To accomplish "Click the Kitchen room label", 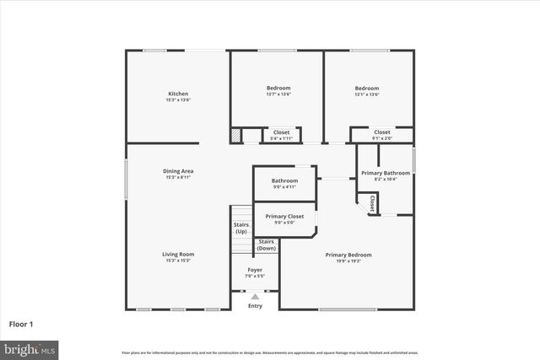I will click(178, 94).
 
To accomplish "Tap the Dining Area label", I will click(178, 171).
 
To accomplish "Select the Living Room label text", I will click(178, 254).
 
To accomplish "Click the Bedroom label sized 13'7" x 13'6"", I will click(278, 89).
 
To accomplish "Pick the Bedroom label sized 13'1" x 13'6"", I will click(366, 89).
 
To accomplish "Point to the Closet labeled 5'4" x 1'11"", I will click(281, 132).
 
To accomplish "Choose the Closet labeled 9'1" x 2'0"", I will click(381, 132).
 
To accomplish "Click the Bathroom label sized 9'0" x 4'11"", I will click(284, 180).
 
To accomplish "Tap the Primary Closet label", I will click(284, 217).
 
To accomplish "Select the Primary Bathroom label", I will click(384, 173).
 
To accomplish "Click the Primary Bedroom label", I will click(348, 255).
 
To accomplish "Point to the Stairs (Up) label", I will click(241, 228).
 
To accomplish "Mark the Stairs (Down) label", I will click(266, 245).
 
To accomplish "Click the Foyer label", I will click(255, 270).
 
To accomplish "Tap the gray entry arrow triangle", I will click(255, 297).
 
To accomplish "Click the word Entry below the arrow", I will click(255, 306).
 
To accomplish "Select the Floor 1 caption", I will click(21, 323).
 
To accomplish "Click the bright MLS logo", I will click(30, 347).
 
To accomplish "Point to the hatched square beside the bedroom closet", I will click(237, 135).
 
